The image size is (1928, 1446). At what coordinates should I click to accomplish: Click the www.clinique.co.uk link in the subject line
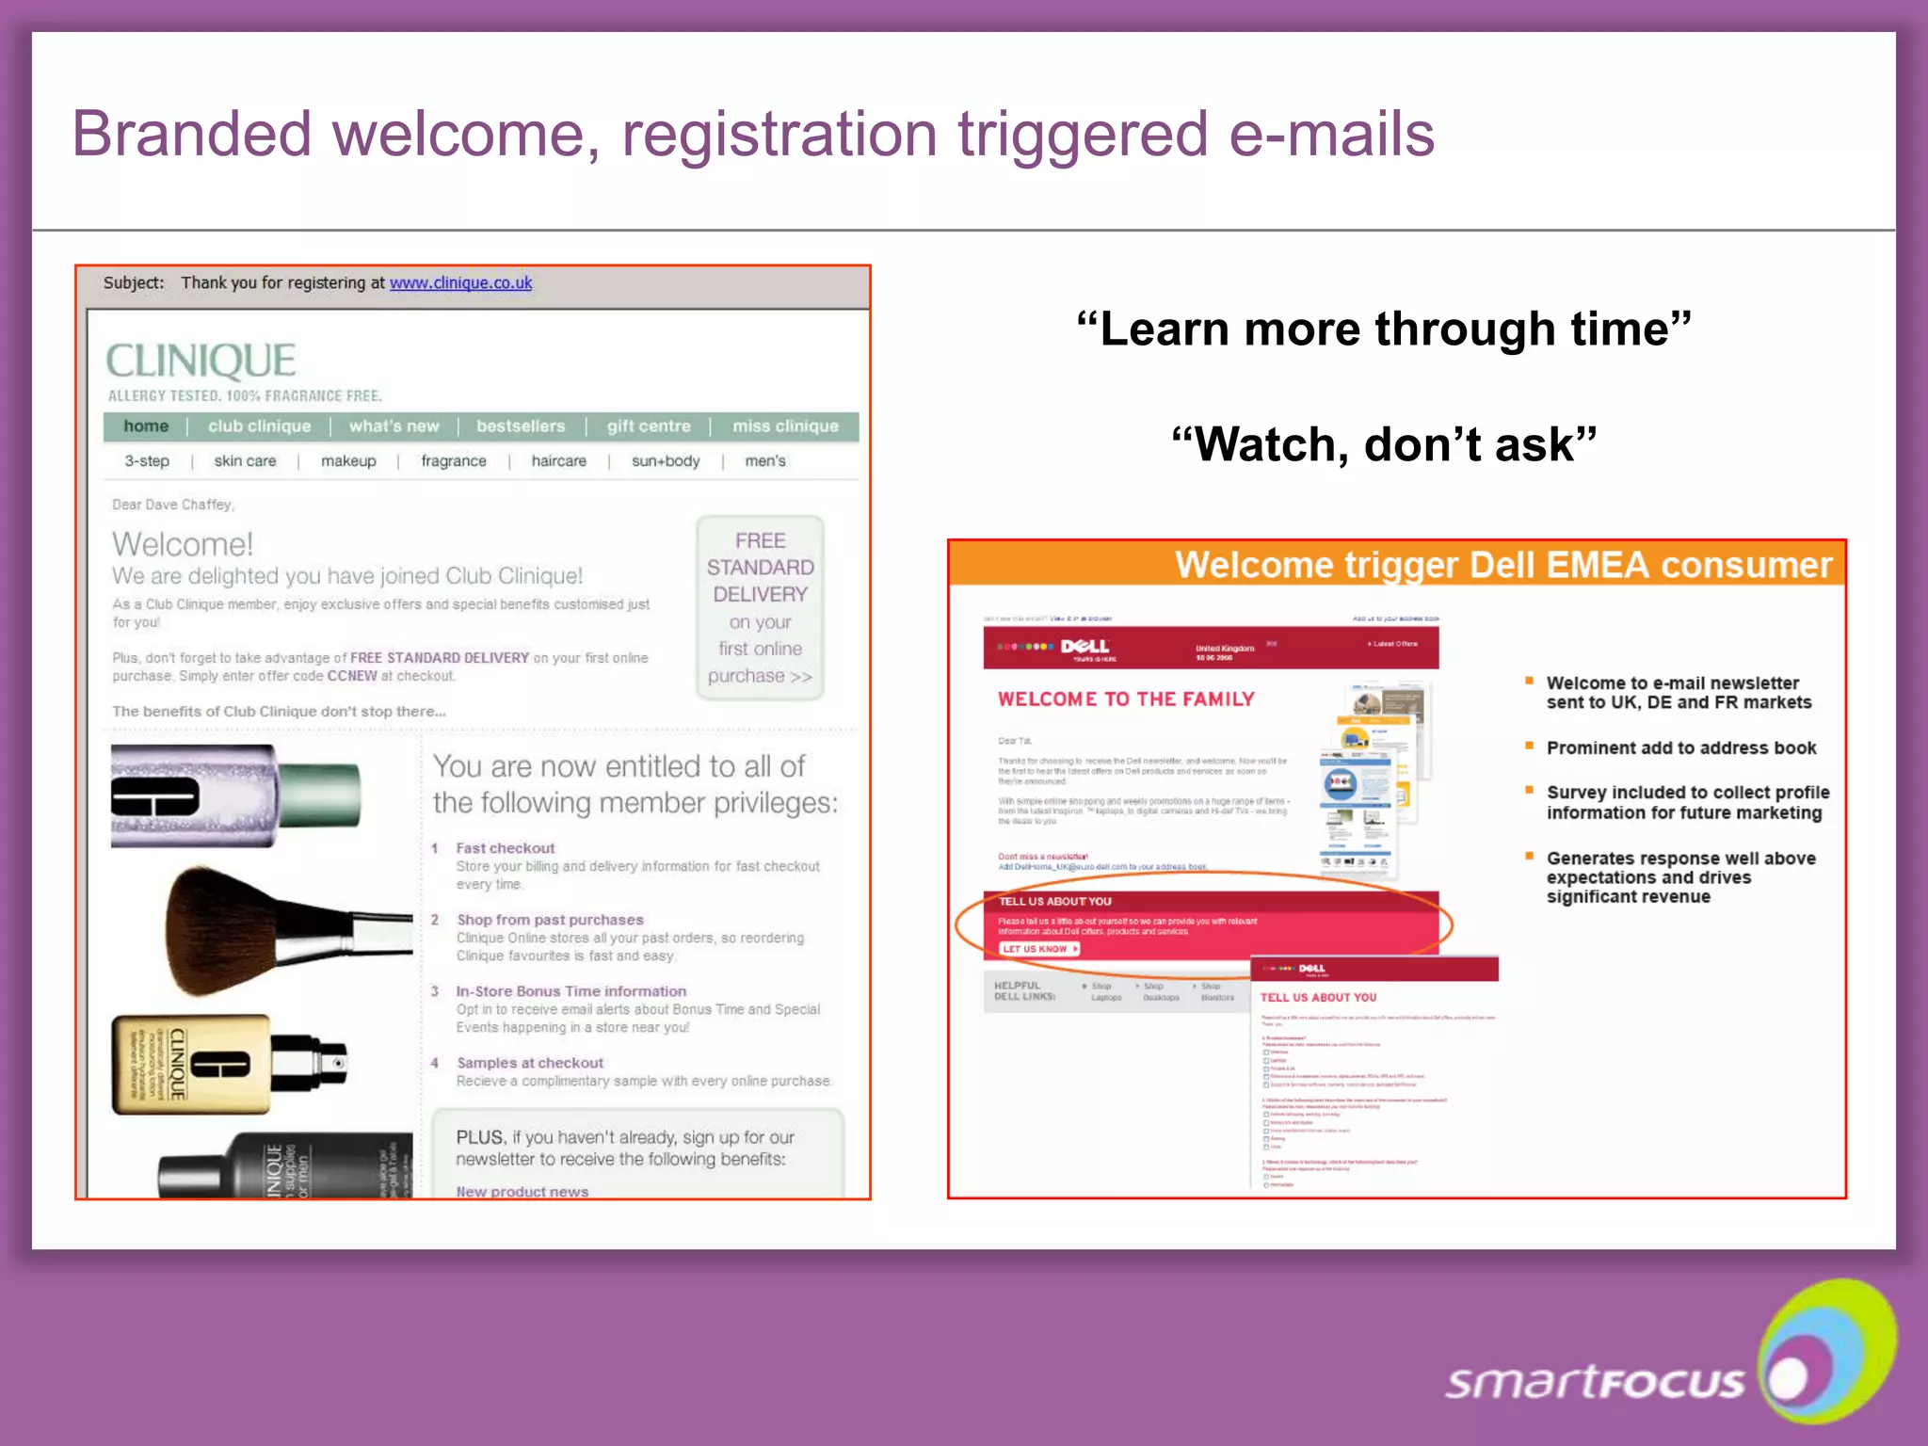click(460, 282)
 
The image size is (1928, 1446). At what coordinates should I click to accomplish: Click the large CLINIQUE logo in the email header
click(201, 361)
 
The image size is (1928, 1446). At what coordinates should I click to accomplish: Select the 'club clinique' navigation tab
click(259, 426)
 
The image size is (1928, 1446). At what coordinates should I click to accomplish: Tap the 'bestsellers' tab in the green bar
click(521, 426)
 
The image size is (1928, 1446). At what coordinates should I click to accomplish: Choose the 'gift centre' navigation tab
click(649, 426)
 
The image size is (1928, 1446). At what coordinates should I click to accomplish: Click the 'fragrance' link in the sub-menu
click(454, 461)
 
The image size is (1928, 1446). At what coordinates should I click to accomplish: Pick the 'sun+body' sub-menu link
click(666, 461)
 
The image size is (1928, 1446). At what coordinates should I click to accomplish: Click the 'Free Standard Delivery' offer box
click(760, 607)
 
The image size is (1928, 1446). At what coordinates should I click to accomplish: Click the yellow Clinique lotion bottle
click(188, 1064)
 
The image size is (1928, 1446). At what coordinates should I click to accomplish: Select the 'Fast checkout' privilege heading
click(506, 848)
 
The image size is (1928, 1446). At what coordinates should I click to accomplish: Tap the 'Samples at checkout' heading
click(530, 1063)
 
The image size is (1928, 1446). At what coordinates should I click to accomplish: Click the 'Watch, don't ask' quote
click(1384, 444)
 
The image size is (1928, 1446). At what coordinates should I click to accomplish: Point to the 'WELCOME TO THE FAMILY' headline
click(1126, 699)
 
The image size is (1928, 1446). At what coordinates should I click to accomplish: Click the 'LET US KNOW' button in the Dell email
click(1038, 949)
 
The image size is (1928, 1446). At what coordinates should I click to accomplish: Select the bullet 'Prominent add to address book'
click(1681, 748)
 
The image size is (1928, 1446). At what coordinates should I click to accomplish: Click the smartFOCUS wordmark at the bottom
click(1595, 1382)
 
